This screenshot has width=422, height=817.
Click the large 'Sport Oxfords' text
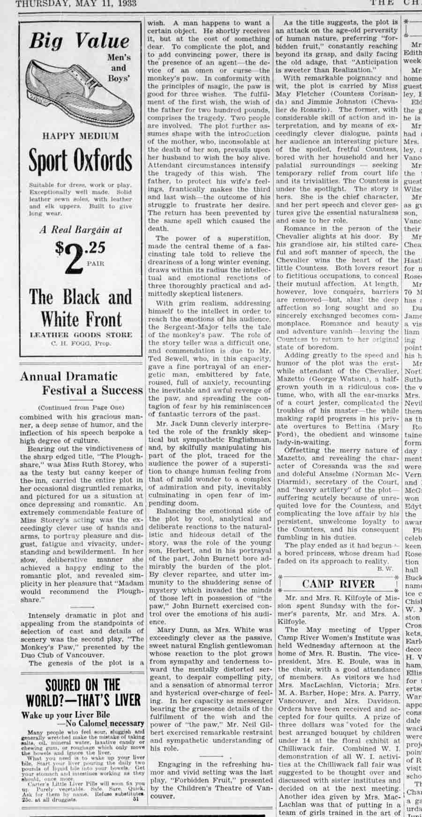click(x=80, y=161)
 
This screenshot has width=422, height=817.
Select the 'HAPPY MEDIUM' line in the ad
click(x=81, y=136)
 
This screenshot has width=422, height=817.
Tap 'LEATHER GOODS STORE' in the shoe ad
click(x=81, y=335)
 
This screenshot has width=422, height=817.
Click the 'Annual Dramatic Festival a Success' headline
click(x=81, y=382)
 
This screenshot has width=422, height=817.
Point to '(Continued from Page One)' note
click(x=81, y=407)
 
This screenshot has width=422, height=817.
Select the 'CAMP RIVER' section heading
click(x=338, y=584)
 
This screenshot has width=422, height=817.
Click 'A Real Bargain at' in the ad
click(x=80, y=230)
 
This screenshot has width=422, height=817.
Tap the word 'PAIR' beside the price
click(x=96, y=263)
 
